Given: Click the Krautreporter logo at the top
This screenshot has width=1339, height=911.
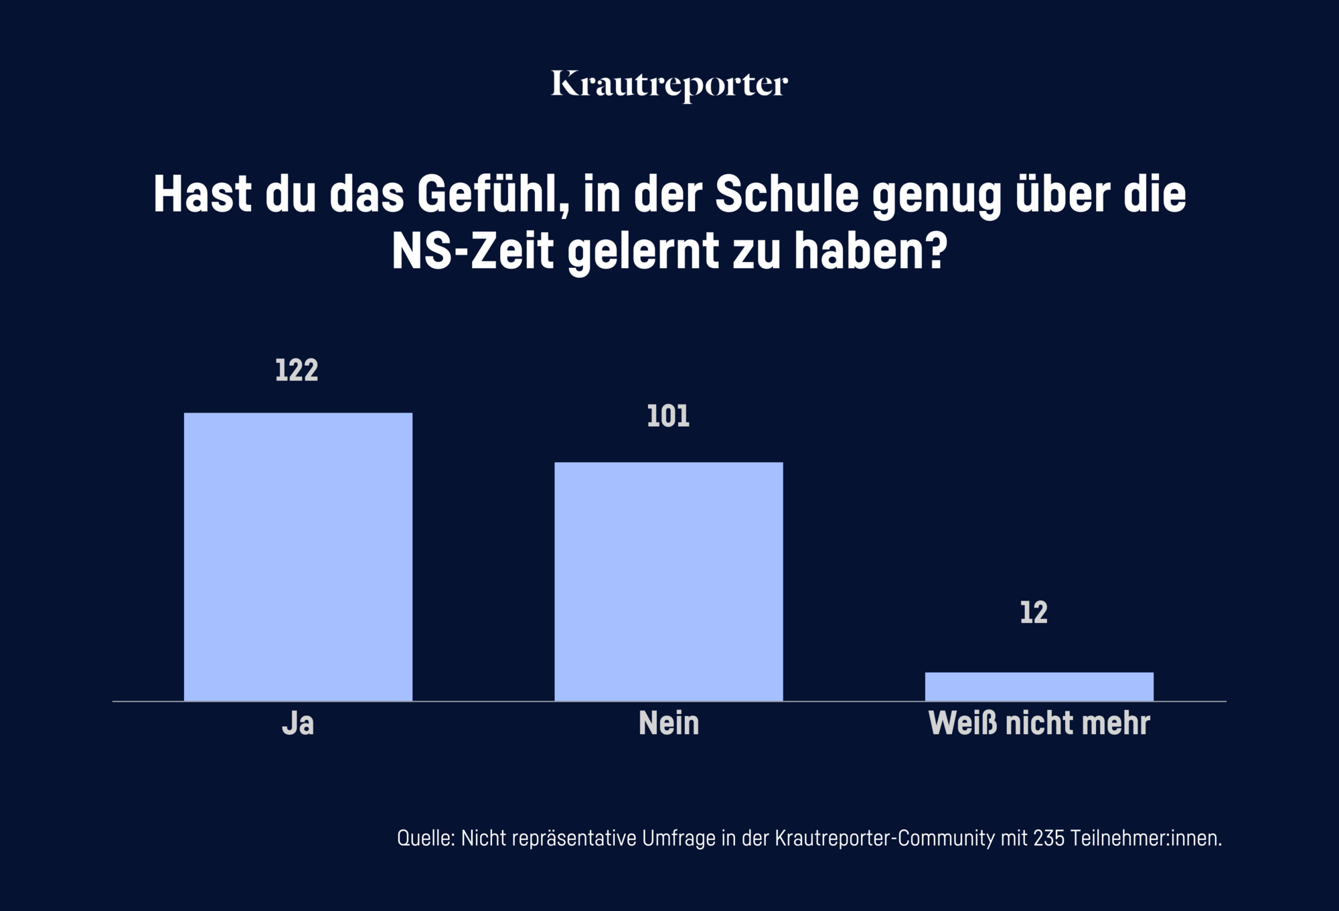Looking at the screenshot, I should pyautogui.click(x=669, y=85).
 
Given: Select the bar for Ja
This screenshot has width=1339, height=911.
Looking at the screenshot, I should pyautogui.click(x=298, y=557).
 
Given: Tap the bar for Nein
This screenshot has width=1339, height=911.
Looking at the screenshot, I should pyautogui.click(x=668, y=581).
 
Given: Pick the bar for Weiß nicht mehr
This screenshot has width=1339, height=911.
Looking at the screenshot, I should pyautogui.click(x=1039, y=687).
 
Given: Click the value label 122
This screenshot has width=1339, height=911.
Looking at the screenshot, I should pyautogui.click(x=297, y=370).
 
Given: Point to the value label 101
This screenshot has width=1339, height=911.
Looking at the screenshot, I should pyautogui.click(x=668, y=417).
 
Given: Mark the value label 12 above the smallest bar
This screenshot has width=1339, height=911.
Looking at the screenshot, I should pyautogui.click(x=1034, y=613).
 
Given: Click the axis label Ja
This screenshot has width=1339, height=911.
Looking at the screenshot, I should pyautogui.click(x=298, y=723).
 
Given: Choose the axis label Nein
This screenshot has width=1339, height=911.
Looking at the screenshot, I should pyautogui.click(x=669, y=723).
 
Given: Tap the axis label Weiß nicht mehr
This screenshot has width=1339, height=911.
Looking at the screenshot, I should pyautogui.click(x=1039, y=723).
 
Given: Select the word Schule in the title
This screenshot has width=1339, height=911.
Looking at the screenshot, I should pyautogui.click(x=787, y=195).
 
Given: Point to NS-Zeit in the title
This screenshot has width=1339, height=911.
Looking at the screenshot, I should pyautogui.click(x=473, y=251).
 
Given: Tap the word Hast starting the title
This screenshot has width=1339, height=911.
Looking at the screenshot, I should pyautogui.click(x=203, y=195).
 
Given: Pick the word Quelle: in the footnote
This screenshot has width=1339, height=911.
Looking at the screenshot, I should pyautogui.click(x=426, y=838).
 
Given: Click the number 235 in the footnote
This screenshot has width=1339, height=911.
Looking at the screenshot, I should pyautogui.click(x=1048, y=838).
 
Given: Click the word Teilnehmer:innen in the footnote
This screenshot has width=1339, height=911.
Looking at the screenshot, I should pyautogui.click(x=1146, y=838).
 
